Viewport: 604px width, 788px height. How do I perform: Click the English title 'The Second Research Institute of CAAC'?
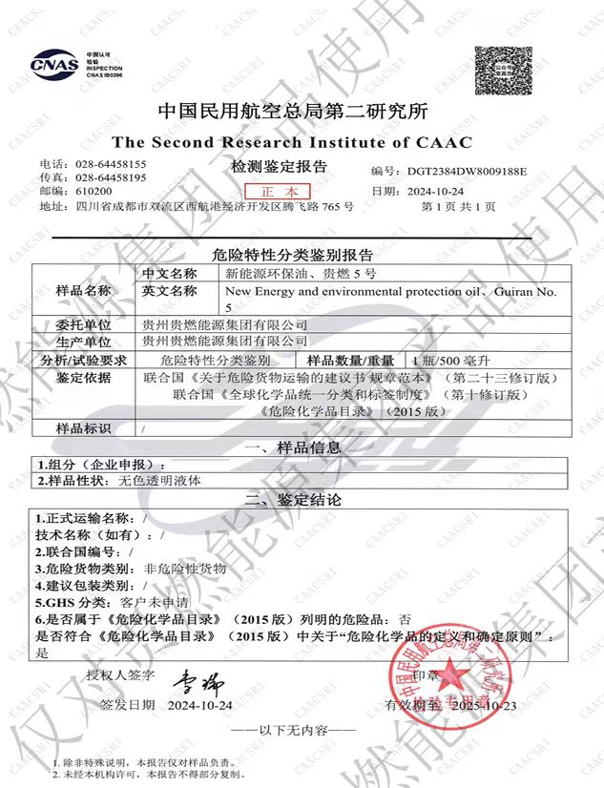click(292, 142)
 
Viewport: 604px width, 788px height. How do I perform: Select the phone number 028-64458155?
click(111, 164)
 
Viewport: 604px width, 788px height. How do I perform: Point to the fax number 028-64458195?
click(111, 177)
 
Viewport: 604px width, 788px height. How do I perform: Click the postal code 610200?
click(94, 191)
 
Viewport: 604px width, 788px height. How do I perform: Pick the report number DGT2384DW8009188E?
click(467, 171)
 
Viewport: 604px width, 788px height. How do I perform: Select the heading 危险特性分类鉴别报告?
click(292, 256)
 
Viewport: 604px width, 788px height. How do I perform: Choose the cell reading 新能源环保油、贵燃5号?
click(283, 273)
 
